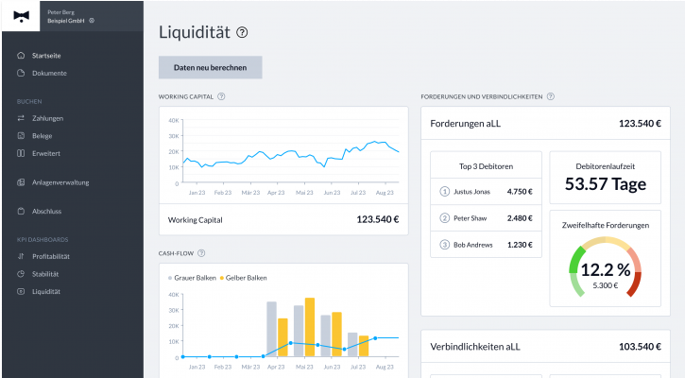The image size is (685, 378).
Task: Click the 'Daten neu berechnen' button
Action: click(x=210, y=68)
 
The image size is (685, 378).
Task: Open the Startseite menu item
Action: click(x=46, y=56)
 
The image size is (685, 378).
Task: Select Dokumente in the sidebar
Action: click(x=48, y=73)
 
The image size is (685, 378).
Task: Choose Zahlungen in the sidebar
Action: click(x=47, y=118)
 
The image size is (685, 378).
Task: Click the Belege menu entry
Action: click(x=42, y=135)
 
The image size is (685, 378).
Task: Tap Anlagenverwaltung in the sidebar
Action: click(x=60, y=181)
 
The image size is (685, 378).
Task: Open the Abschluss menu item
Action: click(x=46, y=211)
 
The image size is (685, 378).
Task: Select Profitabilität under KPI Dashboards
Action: click(x=51, y=256)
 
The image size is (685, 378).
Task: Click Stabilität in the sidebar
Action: click(x=45, y=273)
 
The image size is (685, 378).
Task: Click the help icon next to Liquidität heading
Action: click(x=243, y=33)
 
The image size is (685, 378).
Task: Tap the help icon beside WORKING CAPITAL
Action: click(x=221, y=96)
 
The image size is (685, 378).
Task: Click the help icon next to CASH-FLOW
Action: click(x=201, y=253)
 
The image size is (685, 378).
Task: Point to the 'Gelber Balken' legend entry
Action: click(x=248, y=277)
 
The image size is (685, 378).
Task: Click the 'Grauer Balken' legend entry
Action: click(x=195, y=277)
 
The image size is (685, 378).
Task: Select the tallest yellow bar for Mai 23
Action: click(x=309, y=327)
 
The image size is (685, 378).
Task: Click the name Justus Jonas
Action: click(x=472, y=191)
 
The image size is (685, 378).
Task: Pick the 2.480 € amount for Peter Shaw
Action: click(x=521, y=218)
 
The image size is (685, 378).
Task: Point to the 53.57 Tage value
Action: click(x=604, y=183)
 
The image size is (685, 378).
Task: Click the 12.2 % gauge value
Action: click(x=605, y=270)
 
